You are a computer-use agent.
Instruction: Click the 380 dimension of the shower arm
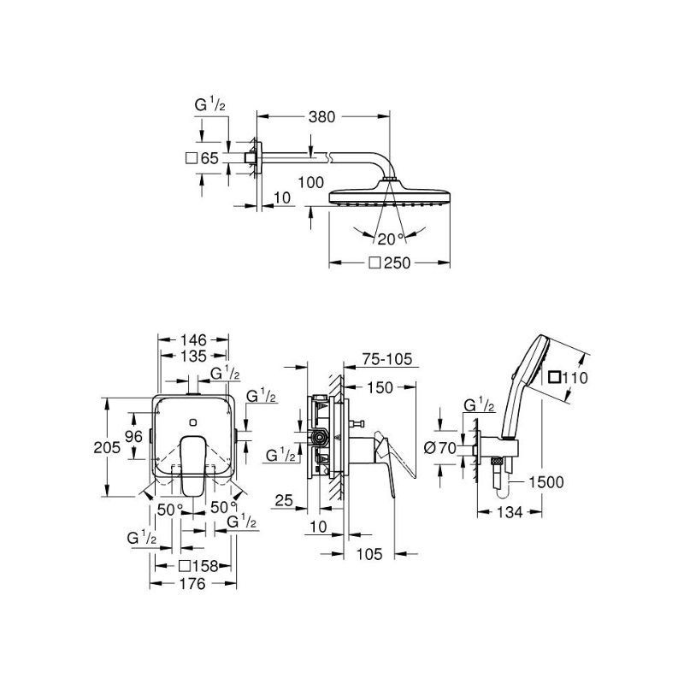click(322, 117)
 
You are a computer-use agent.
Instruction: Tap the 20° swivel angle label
click(391, 239)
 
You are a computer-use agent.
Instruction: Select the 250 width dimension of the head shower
click(390, 262)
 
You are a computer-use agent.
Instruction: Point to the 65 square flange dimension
click(202, 158)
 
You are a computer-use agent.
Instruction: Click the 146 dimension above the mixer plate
click(193, 339)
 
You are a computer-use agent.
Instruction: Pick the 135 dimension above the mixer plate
click(194, 356)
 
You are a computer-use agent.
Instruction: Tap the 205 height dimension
click(107, 447)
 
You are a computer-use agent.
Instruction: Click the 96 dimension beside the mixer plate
click(133, 436)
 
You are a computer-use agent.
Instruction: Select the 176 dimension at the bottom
click(193, 583)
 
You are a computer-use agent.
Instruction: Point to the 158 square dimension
click(198, 566)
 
